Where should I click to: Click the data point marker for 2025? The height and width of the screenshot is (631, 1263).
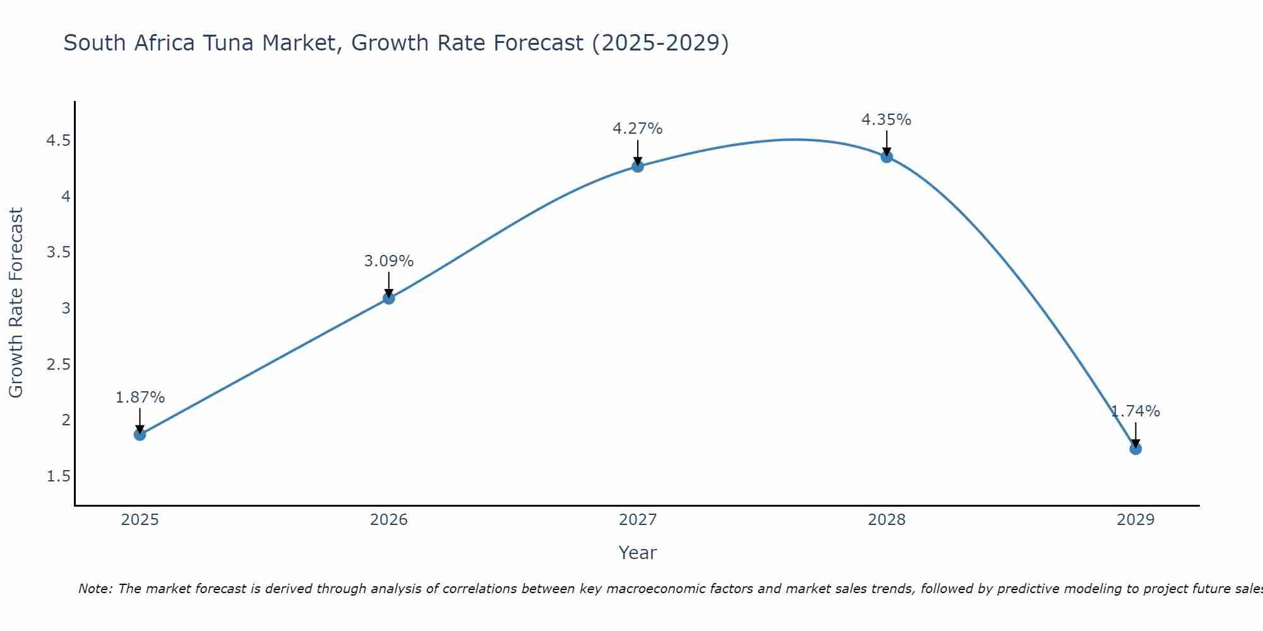click(x=140, y=435)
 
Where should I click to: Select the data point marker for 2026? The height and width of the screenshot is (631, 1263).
click(x=389, y=298)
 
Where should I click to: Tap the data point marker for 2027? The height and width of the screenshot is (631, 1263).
click(x=638, y=167)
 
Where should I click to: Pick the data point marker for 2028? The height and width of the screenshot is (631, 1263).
click(x=887, y=157)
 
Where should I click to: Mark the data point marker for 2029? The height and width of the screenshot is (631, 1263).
click(x=1135, y=449)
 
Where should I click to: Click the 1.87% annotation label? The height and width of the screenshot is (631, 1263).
click(x=140, y=398)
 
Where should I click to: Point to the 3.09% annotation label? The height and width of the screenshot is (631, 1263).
click(x=389, y=261)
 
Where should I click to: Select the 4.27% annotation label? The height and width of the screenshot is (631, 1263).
click(x=638, y=129)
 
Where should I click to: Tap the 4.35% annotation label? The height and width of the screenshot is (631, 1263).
click(x=887, y=119)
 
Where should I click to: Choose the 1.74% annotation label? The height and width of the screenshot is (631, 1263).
click(x=1135, y=411)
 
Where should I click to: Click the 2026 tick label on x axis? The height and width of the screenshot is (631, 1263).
click(x=389, y=520)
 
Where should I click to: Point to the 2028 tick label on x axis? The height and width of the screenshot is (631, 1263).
click(x=887, y=520)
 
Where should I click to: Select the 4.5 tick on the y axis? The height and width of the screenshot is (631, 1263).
click(x=58, y=141)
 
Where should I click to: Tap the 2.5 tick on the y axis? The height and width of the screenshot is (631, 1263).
click(x=58, y=365)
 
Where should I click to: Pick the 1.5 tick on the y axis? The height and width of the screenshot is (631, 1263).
click(x=58, y=476)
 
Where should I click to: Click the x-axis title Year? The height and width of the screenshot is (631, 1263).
click(x=638, y=553)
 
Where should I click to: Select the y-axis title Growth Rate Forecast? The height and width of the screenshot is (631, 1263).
click(x=16, y=303)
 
